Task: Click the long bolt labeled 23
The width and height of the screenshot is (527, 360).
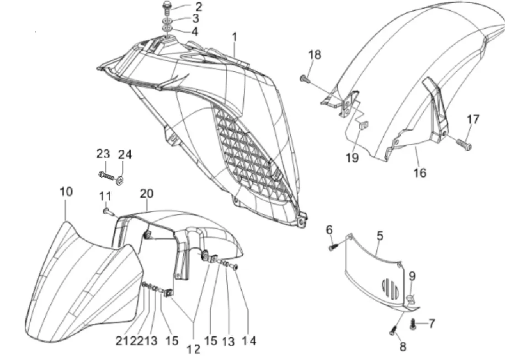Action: (x=105, y=175)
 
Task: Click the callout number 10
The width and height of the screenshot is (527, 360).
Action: (x=66, y=192)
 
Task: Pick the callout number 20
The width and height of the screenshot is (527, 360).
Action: (x=146, y=194)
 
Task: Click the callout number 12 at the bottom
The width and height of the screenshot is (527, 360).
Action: (x=193, y=349)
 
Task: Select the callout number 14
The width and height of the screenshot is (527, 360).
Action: (x=250, y=341)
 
